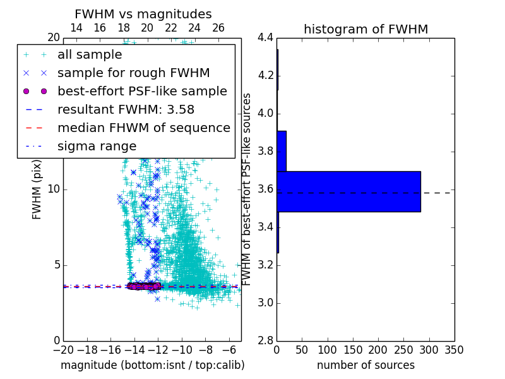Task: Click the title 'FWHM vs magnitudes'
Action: coord(143,14)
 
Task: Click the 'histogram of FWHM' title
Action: coord(365,29)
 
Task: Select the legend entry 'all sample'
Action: coord(90,55)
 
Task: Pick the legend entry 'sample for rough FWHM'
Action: coord(133,73)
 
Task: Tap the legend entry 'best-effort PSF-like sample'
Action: coord(142,91)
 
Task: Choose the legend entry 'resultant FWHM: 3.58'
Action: coord(126,109)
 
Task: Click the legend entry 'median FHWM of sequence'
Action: coord(143,128)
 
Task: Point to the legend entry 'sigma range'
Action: coord(97,146)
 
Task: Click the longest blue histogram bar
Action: coord(348,191)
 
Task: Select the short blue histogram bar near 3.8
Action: coord(282,151)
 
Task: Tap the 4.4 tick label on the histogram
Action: coord(265,38)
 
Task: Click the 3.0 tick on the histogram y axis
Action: coord(265,303)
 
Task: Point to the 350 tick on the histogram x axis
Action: coord(454,349)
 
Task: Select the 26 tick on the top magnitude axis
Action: coord(218,28)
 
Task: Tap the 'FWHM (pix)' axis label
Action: coord(37,188)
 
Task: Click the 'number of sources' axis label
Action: coord(365,365)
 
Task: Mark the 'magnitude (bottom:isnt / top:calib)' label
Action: coord(152,365)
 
